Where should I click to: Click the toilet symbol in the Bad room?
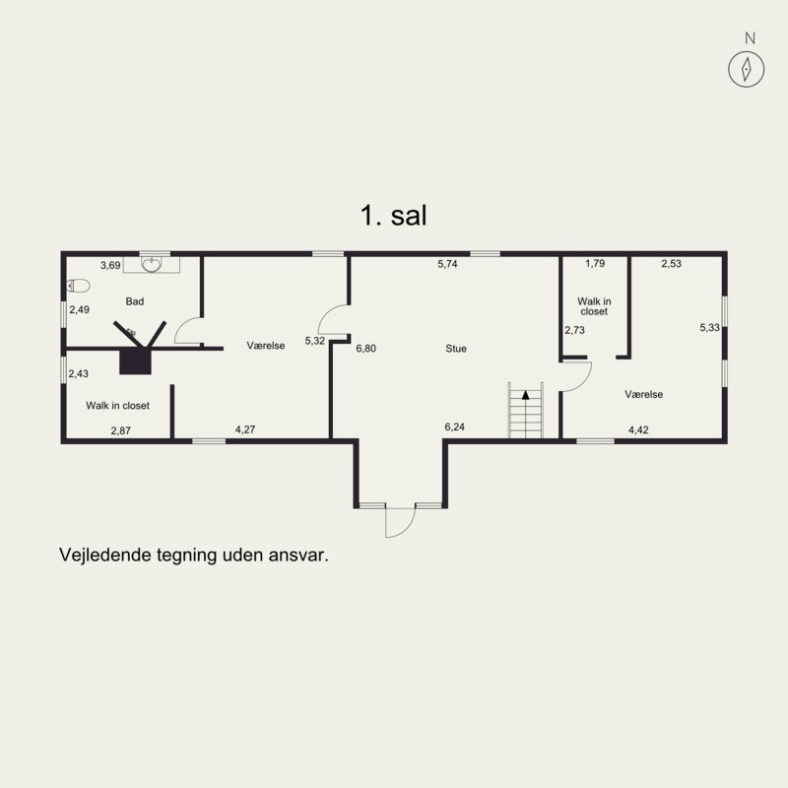(79, 286)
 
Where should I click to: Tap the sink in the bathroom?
(152, 264)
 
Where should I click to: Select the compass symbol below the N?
(747, 69)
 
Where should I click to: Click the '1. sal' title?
(393, 216)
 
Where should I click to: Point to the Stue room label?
(456, 349)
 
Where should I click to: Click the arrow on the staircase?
(526, 395)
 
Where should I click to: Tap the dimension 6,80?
(365, 349)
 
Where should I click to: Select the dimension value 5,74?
(447, 264)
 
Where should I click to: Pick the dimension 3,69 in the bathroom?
(110, 265)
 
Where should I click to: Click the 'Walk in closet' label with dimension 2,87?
(117, 406)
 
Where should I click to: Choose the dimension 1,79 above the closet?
(595, 263)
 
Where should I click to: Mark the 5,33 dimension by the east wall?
(709, 328)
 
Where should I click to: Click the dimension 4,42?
(638, 429)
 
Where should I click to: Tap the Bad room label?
(135, 301)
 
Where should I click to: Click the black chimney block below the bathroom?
(135, 361)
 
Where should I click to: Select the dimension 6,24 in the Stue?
(454, 427)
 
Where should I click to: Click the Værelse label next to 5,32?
(266, 346)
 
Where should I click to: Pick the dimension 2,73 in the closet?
(574, 330)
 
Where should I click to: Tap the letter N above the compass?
(750, 38)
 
